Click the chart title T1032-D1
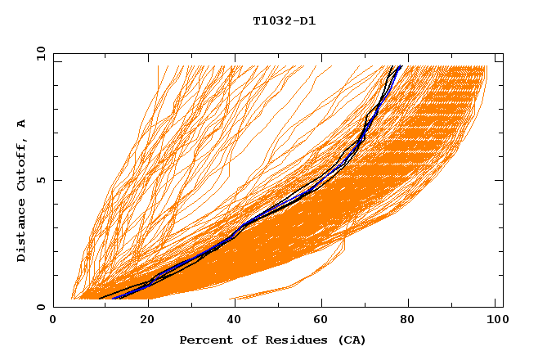[284, 21]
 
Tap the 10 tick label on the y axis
[39, 53]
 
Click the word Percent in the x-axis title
[201, 340]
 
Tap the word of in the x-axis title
[238, 340]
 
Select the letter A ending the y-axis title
[21, 124]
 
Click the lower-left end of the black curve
[99, 299]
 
